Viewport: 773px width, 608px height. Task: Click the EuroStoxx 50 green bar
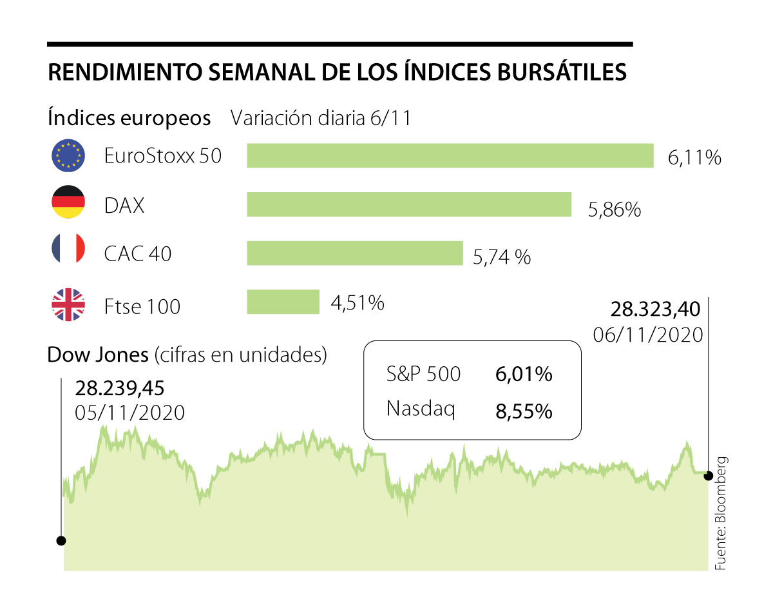click(x=450, y=155)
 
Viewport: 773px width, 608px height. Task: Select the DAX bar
click(x=409, y=204)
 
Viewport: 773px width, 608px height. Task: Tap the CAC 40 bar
click(x=355, y=253)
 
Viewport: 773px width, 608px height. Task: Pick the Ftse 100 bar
click(x=283, y=302)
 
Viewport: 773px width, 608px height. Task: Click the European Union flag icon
click(x=68, y=156)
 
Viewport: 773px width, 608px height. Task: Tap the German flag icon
click(x=68, y=202)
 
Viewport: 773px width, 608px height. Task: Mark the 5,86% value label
click(x=615, y=209)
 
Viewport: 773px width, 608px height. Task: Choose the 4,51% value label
click(x=358, y=302)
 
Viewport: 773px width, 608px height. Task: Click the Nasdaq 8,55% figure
click(x=524, y=411)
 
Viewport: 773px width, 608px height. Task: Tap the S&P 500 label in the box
click(x=424, y=375)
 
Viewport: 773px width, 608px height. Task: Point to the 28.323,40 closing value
click(x=655, y=310)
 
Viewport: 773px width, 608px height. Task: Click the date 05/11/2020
click(x=130, y=413)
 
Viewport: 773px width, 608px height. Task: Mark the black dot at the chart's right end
click(x=709, y=476)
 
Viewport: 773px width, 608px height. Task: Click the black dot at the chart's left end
click(x=61, y=540)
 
